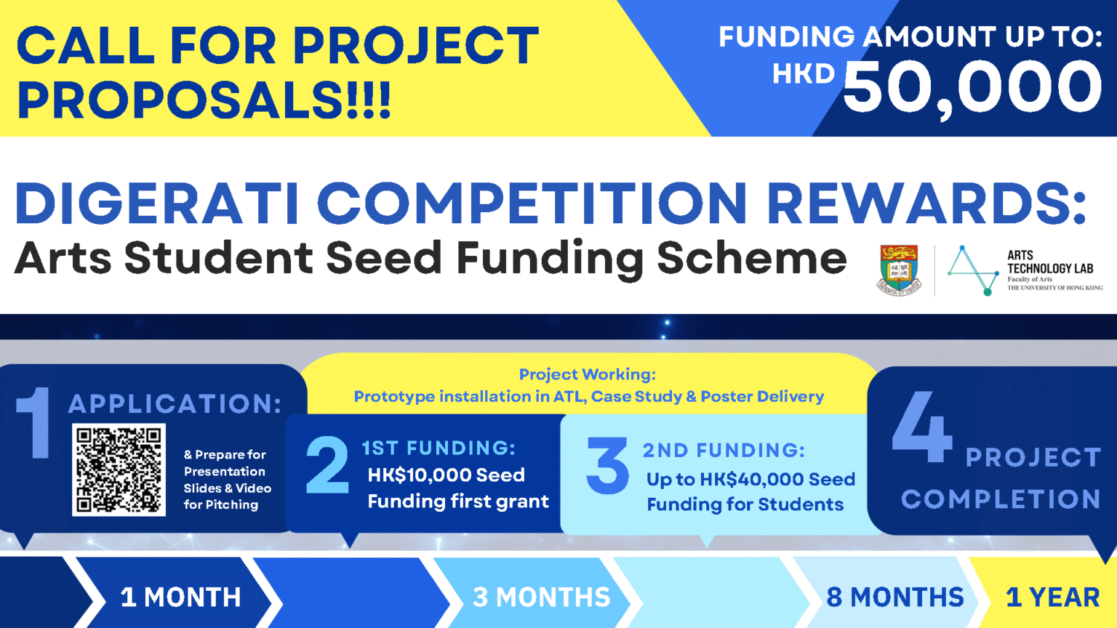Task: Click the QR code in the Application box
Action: coord(119,470)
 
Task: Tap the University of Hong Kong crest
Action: coord(899,269)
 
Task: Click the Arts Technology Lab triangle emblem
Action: coord(973,270)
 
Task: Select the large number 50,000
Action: coord(972,87)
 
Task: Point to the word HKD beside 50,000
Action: coord(803,73)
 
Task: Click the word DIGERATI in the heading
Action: coord(156,203)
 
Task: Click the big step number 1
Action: coord(33,423)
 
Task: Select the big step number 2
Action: coord(327,465)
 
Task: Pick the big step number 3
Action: coord(608,466)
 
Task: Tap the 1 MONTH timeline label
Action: coord(180,597)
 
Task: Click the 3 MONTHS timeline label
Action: coord(541,597)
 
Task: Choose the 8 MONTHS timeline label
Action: coord(894,597)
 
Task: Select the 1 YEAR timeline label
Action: coord(1052,597)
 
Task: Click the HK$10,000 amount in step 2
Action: coord(420,475)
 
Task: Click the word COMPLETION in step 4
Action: coord(1000,499)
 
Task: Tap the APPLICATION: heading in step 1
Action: coord(175,403)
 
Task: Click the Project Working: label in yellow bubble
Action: coord(587,374)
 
